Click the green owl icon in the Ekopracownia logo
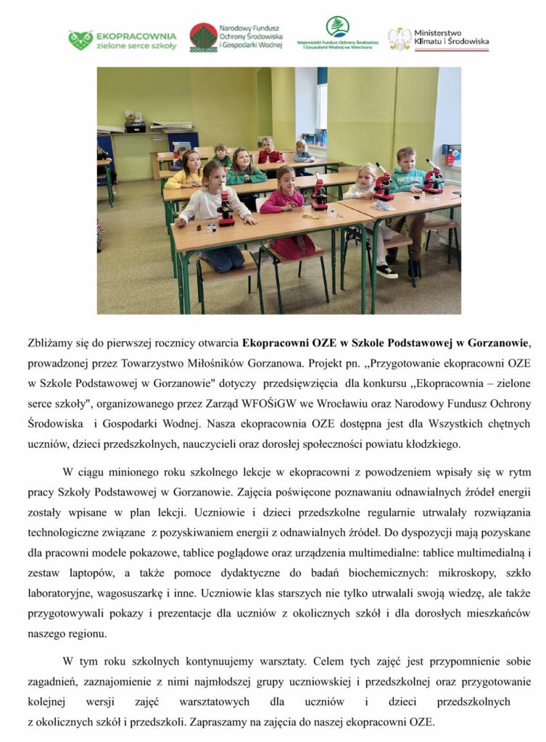coord(80,39)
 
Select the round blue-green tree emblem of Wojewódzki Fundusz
coord(337,27)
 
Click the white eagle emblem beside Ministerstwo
coord(399,39)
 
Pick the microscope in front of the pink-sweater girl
coord(318,194)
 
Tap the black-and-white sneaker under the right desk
coord(386,271)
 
